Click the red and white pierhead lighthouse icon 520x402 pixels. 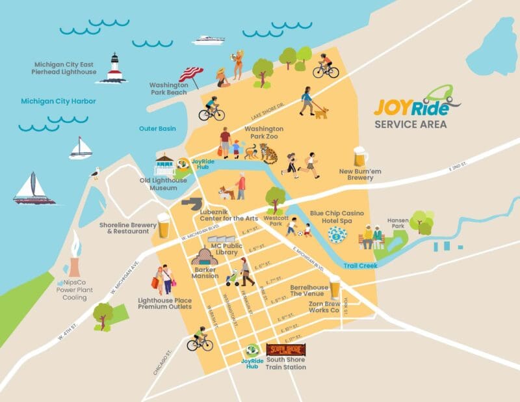coord(115,68)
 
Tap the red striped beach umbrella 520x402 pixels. coord(190,75)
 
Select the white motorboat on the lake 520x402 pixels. coord(208,40)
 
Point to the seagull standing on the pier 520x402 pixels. coord(96,173)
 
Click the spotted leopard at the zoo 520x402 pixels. coord(268,154)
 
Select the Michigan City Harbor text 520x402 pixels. coord(58,101)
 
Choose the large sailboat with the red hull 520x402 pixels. coord(34,190)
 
